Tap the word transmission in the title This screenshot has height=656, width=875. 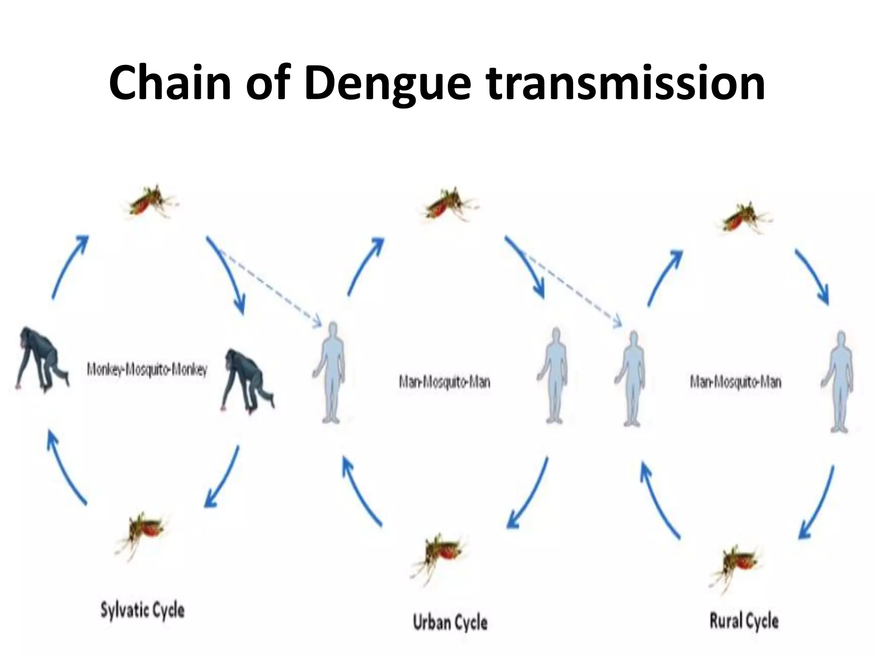tap(626, 83)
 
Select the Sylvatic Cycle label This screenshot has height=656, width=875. tap(142, 609)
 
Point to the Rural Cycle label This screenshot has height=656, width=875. tap(744, 621)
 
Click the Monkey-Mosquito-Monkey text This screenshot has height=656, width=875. tap(147, 369)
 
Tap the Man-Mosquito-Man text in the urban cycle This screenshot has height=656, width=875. tap(444, 381)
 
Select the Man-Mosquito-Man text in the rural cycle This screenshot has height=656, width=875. tap(735, 381)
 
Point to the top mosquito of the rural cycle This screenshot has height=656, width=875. tap(743, 218)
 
